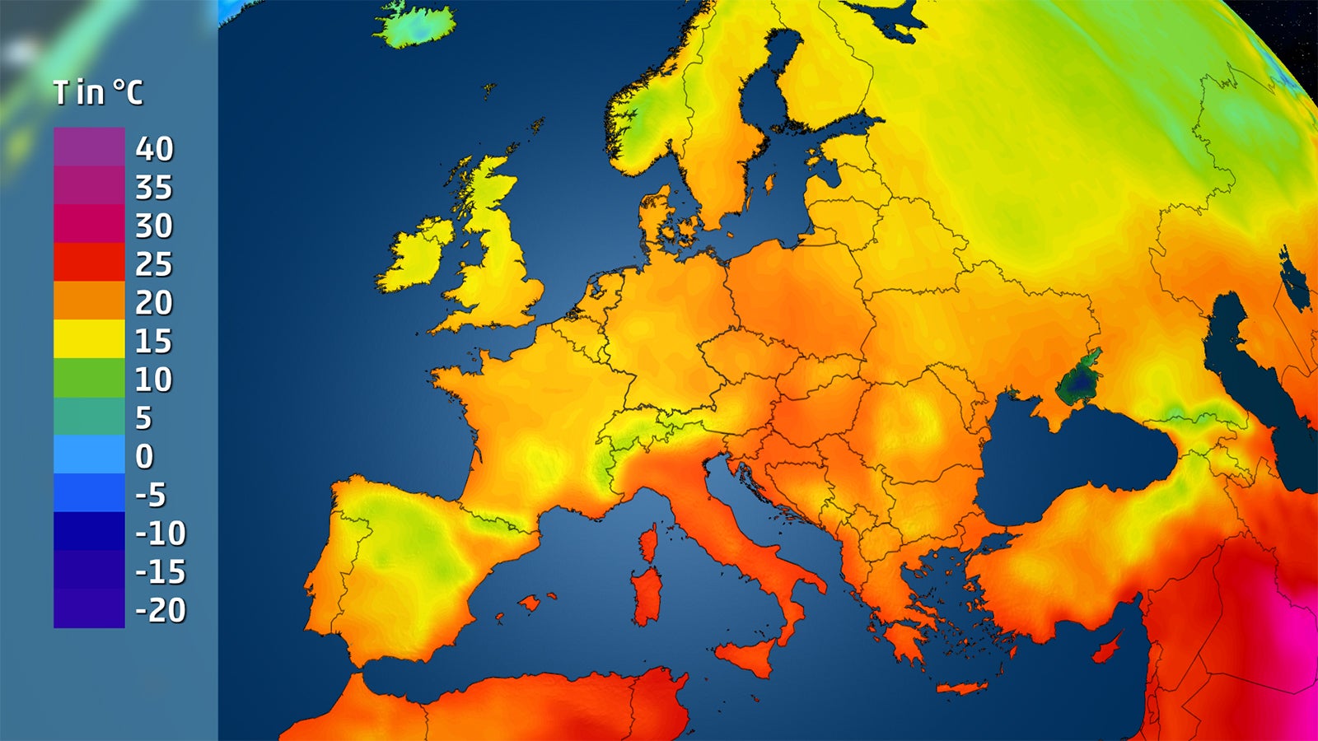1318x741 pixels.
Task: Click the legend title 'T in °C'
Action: pyautogui.click(x=98, y=92)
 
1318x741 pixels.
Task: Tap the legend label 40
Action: pyautogui.click(x=155, y=149)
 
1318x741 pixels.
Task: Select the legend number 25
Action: pyautogui.click(x=154, y=264)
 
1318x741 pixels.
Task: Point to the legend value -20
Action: pyautogui.click(x=161, y=610)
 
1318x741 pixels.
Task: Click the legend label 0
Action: pyautogui.click(x=144, y=456)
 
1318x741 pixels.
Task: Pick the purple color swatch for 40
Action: pyautogui.click(x=89, y=147)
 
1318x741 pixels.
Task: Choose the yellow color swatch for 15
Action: pyautogui.click(x=89, y=338)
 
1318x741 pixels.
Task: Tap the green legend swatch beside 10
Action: pyautogui.click(x=89, y=377)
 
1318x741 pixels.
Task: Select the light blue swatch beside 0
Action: pyautogui.click(x=89, y=454)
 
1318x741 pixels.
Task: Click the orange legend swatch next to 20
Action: pyautogui.click(x=89, y=301)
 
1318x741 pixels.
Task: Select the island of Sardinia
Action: pyautogui.click(x=647, y=595)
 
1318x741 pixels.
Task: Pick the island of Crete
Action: pyautogui.click(x=961, y=687)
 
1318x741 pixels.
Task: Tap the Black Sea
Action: pyautogui.click(x=1071, y=461)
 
